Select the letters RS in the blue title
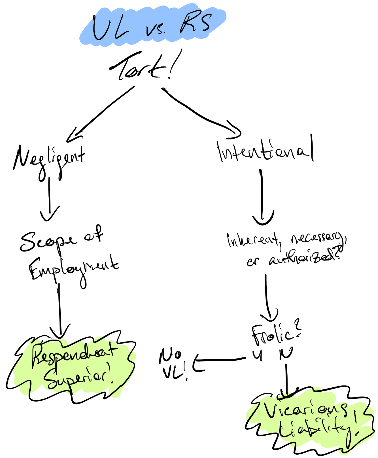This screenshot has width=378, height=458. point(196,24)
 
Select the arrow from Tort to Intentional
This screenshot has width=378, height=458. point(201,113)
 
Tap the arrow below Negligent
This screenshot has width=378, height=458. point(50,198)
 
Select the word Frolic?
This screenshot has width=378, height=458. point(275,334)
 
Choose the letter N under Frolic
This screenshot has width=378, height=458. point(286,354)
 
